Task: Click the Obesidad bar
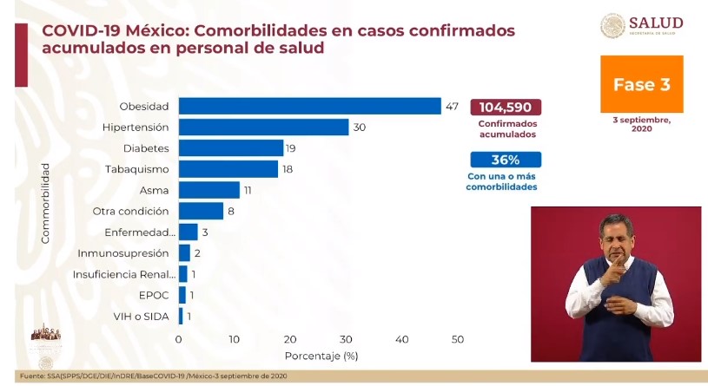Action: (309, 106)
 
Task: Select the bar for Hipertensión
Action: (263, 127)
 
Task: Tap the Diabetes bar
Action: (231, 147)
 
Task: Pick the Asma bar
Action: (208, 190)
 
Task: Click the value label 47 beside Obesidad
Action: (452, 106)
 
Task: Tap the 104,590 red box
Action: (506, 108)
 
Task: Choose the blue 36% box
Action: (506, 160)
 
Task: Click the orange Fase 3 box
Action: (642, 84)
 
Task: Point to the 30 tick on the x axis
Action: (346, 339)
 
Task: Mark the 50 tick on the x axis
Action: (457, 339)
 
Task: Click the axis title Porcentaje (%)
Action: (321, 356)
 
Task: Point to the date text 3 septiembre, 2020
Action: (641, 124)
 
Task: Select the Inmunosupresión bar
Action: (184, 253)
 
